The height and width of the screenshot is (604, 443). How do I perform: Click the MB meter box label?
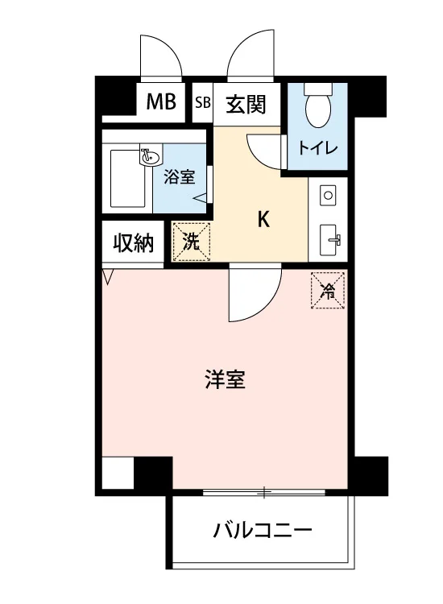[x=161, y=102]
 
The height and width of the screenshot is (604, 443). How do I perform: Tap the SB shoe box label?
[x=203, y=102]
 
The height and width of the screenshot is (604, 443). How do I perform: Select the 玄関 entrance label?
[x=246, y=104]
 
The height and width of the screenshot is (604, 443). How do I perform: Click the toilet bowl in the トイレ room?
[x=318, y=105]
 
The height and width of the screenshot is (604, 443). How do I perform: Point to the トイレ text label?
[x=318, y=148]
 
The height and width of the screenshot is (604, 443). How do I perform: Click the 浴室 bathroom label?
[x=179, y=177]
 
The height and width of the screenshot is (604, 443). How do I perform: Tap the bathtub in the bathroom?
[x=128, y=178]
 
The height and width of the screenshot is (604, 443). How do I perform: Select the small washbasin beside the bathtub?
[x=151, y=157]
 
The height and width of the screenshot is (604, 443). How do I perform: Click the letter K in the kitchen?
[x=263, y=220]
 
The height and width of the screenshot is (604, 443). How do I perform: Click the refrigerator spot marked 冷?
[x=328, y=291]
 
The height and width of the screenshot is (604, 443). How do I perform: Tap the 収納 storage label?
[x=133, y=243]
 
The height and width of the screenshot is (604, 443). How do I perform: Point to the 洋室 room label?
[x=226, y=379]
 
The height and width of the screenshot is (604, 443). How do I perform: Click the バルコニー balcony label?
[x=263, y=531]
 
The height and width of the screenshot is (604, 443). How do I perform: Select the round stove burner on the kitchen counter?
[x=328, y=196]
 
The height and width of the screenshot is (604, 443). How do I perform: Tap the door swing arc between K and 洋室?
[x=266, y=304]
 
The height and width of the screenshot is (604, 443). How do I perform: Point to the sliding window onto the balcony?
[x=264, y=492]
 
